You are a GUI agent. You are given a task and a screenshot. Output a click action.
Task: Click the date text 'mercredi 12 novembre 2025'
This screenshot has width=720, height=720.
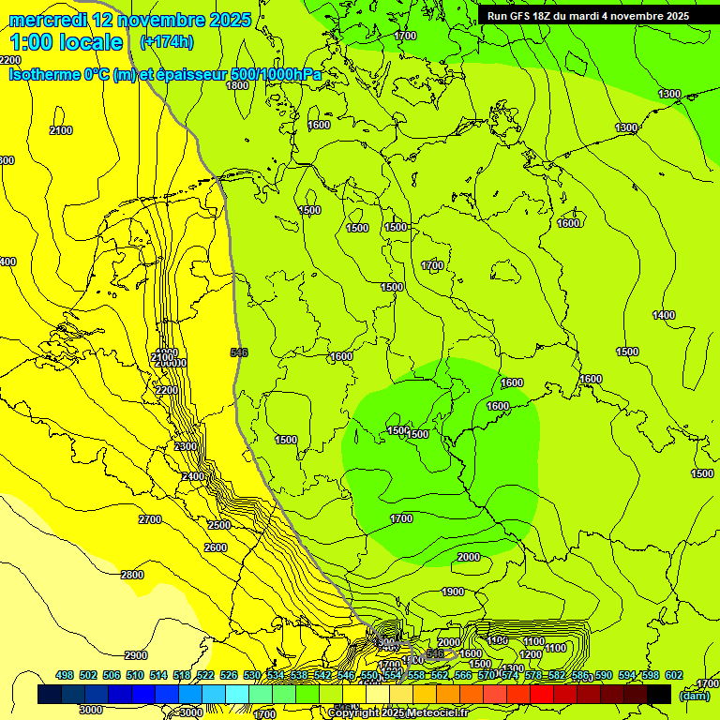[x=129, y=20]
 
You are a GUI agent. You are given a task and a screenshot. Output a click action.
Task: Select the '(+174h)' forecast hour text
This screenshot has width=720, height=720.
[x=166, y=42]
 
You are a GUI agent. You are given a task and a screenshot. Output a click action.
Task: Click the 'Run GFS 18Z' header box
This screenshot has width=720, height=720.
[x=588, y=16]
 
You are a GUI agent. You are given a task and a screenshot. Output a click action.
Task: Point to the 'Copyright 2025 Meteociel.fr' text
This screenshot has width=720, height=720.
[x=397, y=712]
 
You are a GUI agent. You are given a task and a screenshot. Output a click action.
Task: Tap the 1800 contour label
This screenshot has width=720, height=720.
[x=237, y=85]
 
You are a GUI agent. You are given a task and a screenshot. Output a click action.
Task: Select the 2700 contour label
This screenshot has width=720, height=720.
[x=149, y=519]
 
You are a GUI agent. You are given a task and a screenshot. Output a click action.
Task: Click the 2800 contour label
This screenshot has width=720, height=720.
[x=132, y=575]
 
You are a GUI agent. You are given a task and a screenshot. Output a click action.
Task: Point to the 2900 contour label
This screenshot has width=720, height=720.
[x=136, y=655]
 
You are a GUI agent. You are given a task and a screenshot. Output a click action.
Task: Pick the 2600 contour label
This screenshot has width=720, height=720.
[x=216, y=547]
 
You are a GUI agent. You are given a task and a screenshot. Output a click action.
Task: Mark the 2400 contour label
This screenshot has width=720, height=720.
[x=193, y=477]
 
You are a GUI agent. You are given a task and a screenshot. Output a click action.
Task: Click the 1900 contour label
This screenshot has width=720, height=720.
[x=453, y=592]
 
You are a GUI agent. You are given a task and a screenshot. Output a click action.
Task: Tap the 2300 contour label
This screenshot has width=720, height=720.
[x=186, y=446]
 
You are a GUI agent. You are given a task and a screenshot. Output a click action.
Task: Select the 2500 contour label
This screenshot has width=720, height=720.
[x=219, y=525]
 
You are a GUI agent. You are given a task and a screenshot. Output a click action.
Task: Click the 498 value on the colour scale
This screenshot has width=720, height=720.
[x=65, y=675]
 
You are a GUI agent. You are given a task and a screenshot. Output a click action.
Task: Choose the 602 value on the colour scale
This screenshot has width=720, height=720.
[x=674, y=675]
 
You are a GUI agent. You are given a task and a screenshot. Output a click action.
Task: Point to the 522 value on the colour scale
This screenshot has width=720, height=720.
[x=205, y=675]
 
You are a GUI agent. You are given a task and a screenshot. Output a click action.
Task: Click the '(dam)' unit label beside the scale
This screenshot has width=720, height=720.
[x=694, y=696]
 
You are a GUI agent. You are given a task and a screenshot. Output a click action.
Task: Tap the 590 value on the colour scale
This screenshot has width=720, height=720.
[x=604, y=675]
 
